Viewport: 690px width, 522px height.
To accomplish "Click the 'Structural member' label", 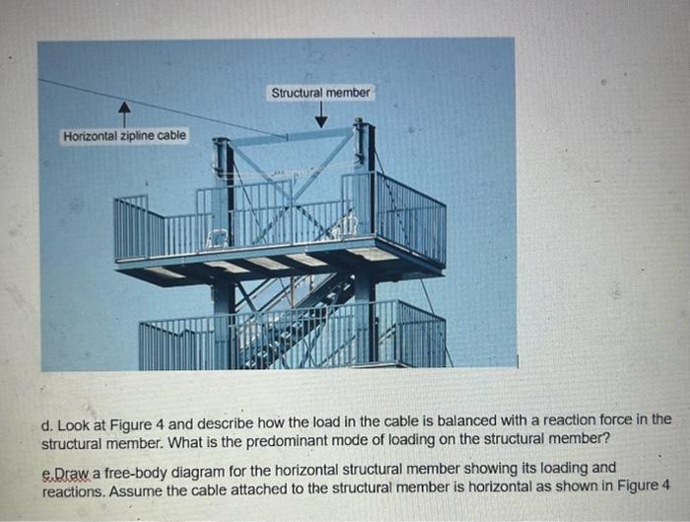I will (321, 92).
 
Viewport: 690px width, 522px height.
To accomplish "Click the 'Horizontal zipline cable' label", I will (124, 135).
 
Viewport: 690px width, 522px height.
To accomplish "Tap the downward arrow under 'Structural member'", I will (321, 116).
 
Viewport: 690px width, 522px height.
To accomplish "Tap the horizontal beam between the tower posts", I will (293, 137).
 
